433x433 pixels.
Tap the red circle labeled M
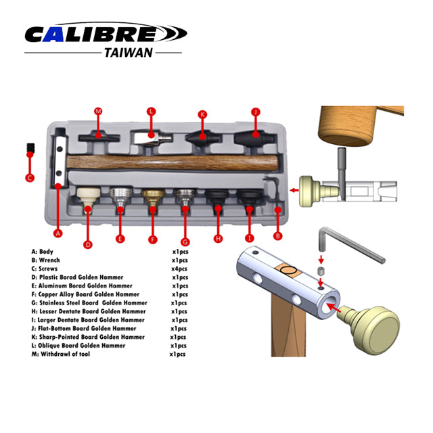(x=98, y=111)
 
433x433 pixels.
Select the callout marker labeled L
(x=151, y=111)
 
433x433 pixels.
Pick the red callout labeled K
(x=201, y=114)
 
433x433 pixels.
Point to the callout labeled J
(x=256, y=112)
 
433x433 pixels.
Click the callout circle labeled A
(x=58, y=234)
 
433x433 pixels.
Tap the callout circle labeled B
(x=277, y=236)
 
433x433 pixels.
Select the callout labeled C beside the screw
(x=29, y=178)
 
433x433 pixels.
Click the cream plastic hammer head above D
(x=86, y=197)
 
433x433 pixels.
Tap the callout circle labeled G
(x=185, y=242)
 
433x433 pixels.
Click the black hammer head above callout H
(x=217, y=198)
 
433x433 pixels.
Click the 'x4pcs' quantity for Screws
(x=179, y=269)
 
